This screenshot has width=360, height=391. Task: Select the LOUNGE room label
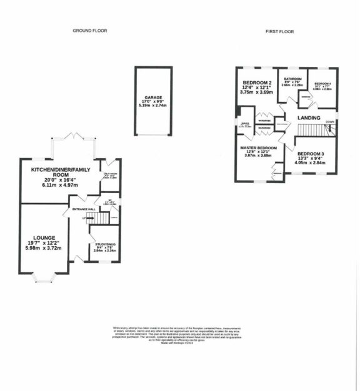[x=44, y=237]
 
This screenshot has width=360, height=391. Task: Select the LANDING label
[x=309, y=117]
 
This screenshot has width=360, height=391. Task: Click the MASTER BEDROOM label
[x=258, y=148]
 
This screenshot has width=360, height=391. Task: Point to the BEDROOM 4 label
[x=323, y=84]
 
